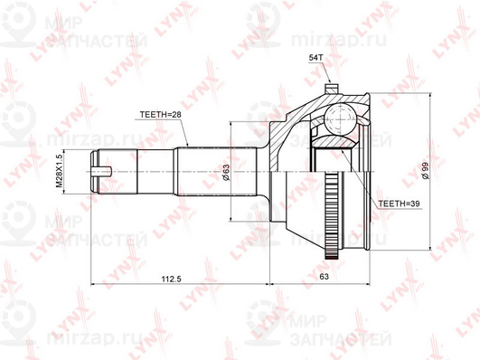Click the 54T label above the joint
coord(316,59)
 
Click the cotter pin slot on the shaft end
coord(107,169)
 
